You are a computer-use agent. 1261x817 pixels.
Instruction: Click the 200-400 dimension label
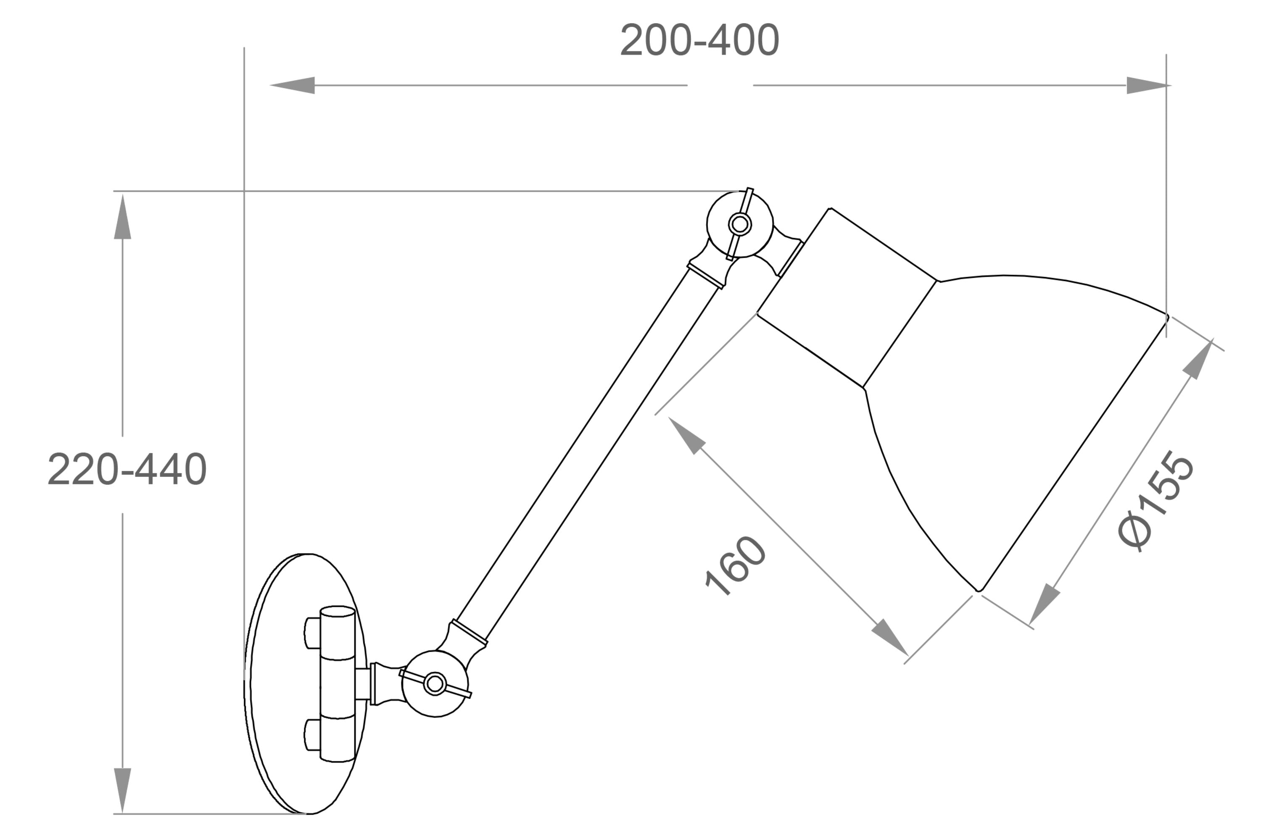coord(699,40)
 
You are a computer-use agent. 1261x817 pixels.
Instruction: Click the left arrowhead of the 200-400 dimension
coord(293,85)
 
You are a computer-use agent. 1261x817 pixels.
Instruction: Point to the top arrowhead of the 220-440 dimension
coord(122,217)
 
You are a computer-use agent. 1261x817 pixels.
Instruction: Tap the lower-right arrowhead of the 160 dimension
coord(890,638)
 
